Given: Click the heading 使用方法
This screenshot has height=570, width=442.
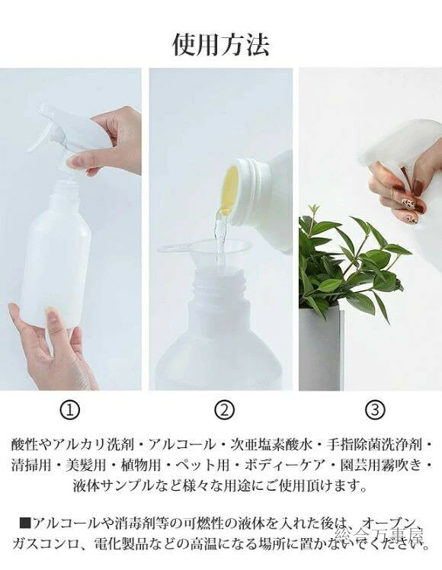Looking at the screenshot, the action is (221, 44).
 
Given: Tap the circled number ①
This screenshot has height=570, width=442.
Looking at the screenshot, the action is (70, 410).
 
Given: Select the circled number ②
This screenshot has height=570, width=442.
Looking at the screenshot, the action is (224, 410).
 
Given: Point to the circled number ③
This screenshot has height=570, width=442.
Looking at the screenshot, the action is (375, 410).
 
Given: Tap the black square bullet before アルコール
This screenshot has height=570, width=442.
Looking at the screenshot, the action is (25, 524).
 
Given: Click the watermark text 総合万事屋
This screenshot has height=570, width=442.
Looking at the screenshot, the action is (379, 533).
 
